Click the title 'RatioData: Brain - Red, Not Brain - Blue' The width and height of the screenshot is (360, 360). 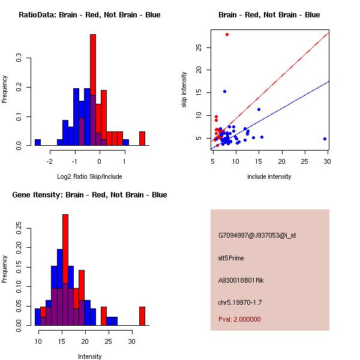pyautogui.click(x=89, y=14)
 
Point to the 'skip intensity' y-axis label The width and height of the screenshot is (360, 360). pyautogui.click(x=185, y=90)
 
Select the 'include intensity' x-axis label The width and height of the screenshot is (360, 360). pyautogui.click(x=270, y=176)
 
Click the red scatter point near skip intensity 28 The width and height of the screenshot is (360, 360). pyautogui.click(x=227, y=34)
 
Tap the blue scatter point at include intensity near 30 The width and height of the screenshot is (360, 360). pyautogui.click(x=325, y=139)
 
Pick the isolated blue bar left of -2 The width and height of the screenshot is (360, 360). pyautogui.click(x=37, y=142)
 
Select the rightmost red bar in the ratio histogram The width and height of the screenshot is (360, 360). pyautogui.click(x=142, y=139)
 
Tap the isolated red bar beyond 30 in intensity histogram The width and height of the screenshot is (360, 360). pyautogui.click(x=142, y=316)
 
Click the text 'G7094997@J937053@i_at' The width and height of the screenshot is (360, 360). pyautogui.click(x=257, y=235)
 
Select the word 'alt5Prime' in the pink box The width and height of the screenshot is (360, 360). pyautogui.click(x=231, y=258)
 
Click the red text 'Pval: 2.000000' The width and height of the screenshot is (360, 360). pyautogui.click(x=239, y=319)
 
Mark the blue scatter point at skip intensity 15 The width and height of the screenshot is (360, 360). pyautogui.click(x=224, y=91)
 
